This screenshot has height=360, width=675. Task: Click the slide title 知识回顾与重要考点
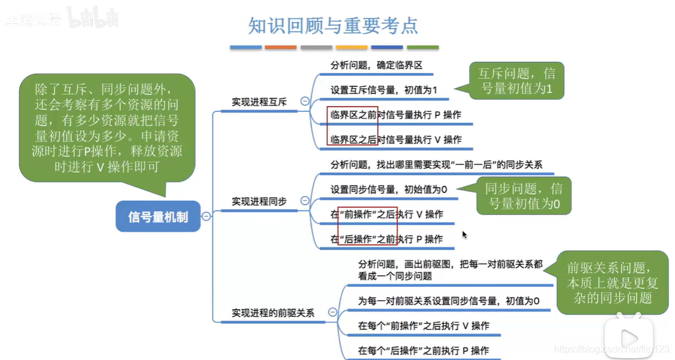coord(333,26)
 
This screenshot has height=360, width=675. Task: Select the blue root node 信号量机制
coord(158,216)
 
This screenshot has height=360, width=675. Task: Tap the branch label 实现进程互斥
coord(259,102)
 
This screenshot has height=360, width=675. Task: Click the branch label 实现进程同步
coord(259,202)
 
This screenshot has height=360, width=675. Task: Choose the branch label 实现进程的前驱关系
coord(273,312)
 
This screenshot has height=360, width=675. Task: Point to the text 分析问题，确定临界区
coord(376,65)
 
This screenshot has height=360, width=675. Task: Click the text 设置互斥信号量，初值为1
coord(384,90)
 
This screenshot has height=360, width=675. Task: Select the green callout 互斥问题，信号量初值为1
coord(516,82)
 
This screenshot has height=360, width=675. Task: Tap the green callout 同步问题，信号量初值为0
coord(523,196)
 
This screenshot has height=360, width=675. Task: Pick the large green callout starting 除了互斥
coord(107,128)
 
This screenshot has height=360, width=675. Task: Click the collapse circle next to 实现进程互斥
coord(305,102)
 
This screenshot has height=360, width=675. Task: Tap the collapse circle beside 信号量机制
coord(206,216)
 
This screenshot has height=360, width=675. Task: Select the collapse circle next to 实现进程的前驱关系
coord(332,312)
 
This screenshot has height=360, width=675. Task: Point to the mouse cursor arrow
coord(464,234)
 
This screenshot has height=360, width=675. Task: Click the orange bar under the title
coord(281,47)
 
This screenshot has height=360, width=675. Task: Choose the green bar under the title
coord(422,47)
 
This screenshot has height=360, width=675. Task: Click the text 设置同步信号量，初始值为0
coord(388,190)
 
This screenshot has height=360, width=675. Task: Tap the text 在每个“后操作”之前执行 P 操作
coord(423,350)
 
